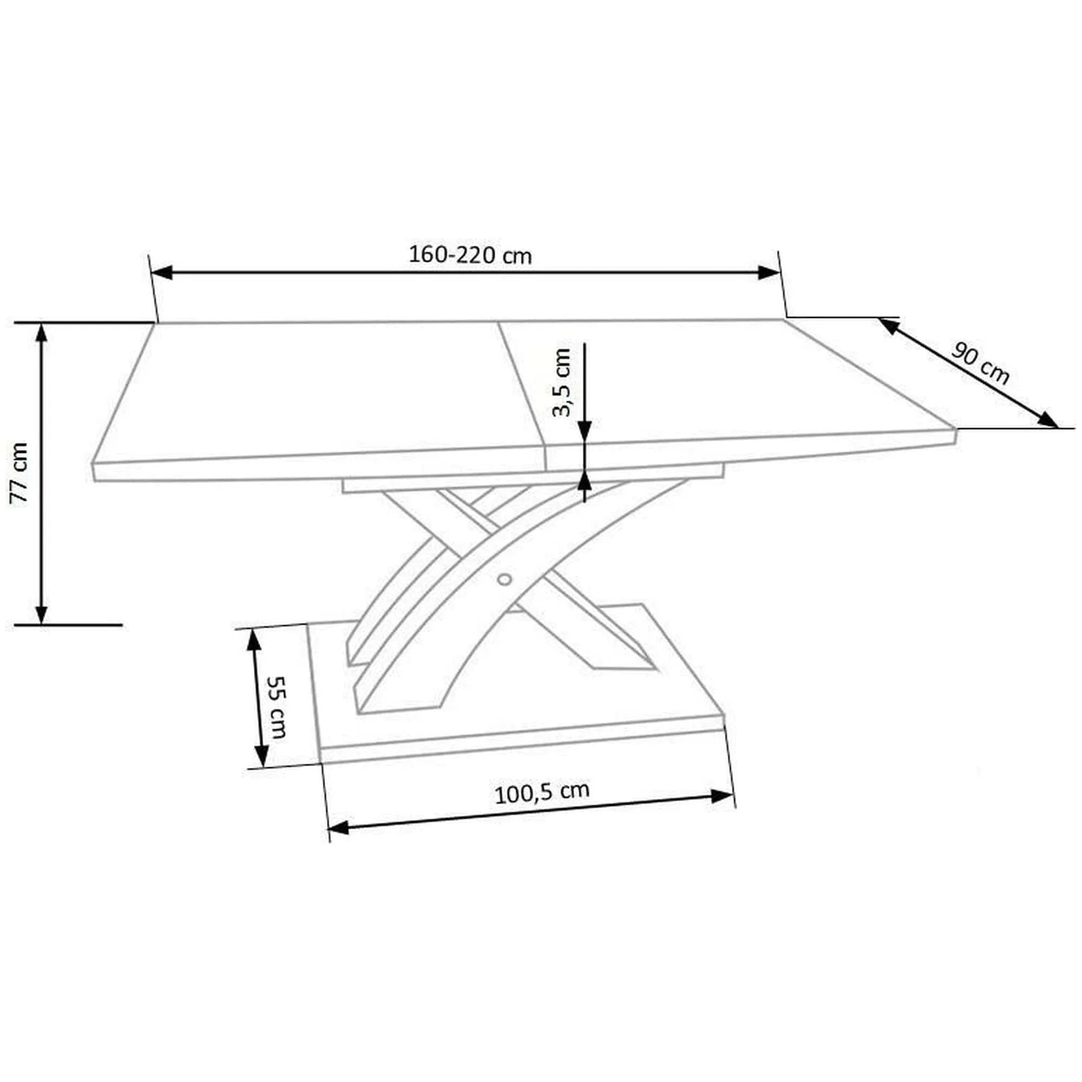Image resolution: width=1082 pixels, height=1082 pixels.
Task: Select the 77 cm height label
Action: (20, 473)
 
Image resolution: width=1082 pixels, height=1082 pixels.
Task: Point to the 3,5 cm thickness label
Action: (561, 382)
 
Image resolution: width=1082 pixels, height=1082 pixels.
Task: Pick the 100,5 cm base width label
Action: (542, 793)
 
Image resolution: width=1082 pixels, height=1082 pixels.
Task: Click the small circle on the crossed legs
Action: (504, 579)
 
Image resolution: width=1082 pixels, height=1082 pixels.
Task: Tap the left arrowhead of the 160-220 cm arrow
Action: (162, 273)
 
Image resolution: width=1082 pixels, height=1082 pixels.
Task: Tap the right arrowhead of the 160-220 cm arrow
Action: (768, 273)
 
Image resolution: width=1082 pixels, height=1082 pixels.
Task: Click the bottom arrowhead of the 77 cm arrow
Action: (41, 614)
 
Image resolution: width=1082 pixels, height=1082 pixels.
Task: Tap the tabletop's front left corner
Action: (93, 464)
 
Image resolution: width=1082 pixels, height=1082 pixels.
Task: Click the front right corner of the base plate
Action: (724, 715)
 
